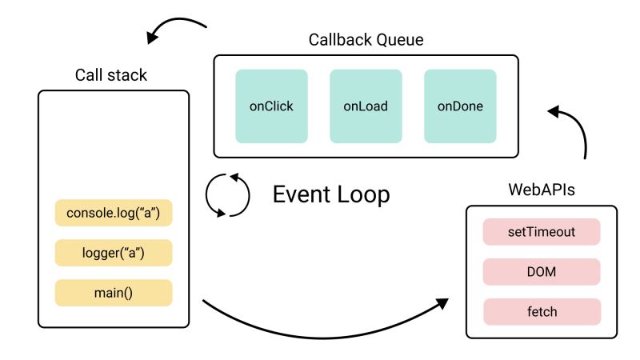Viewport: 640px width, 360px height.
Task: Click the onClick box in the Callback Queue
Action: (x=271, y=106)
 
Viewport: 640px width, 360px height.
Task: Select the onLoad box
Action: (x=366, y=106)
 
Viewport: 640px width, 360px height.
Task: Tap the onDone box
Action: (x=460, y=106)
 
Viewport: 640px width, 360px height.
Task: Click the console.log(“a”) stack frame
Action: (x=113, y=214)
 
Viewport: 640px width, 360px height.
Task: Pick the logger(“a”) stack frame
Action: (x=113, y=253)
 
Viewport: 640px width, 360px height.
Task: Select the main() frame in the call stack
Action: (x=113, y=292)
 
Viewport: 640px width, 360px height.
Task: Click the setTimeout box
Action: (x=542, y=233)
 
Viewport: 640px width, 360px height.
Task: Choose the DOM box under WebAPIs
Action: (x=542, y=272)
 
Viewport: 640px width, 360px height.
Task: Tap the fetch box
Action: (x=542, y=311)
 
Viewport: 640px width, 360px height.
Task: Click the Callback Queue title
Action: (x=366, y=39)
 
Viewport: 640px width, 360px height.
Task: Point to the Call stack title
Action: (x=111, y=75)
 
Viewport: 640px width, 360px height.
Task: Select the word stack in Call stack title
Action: (x=127, y=75)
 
